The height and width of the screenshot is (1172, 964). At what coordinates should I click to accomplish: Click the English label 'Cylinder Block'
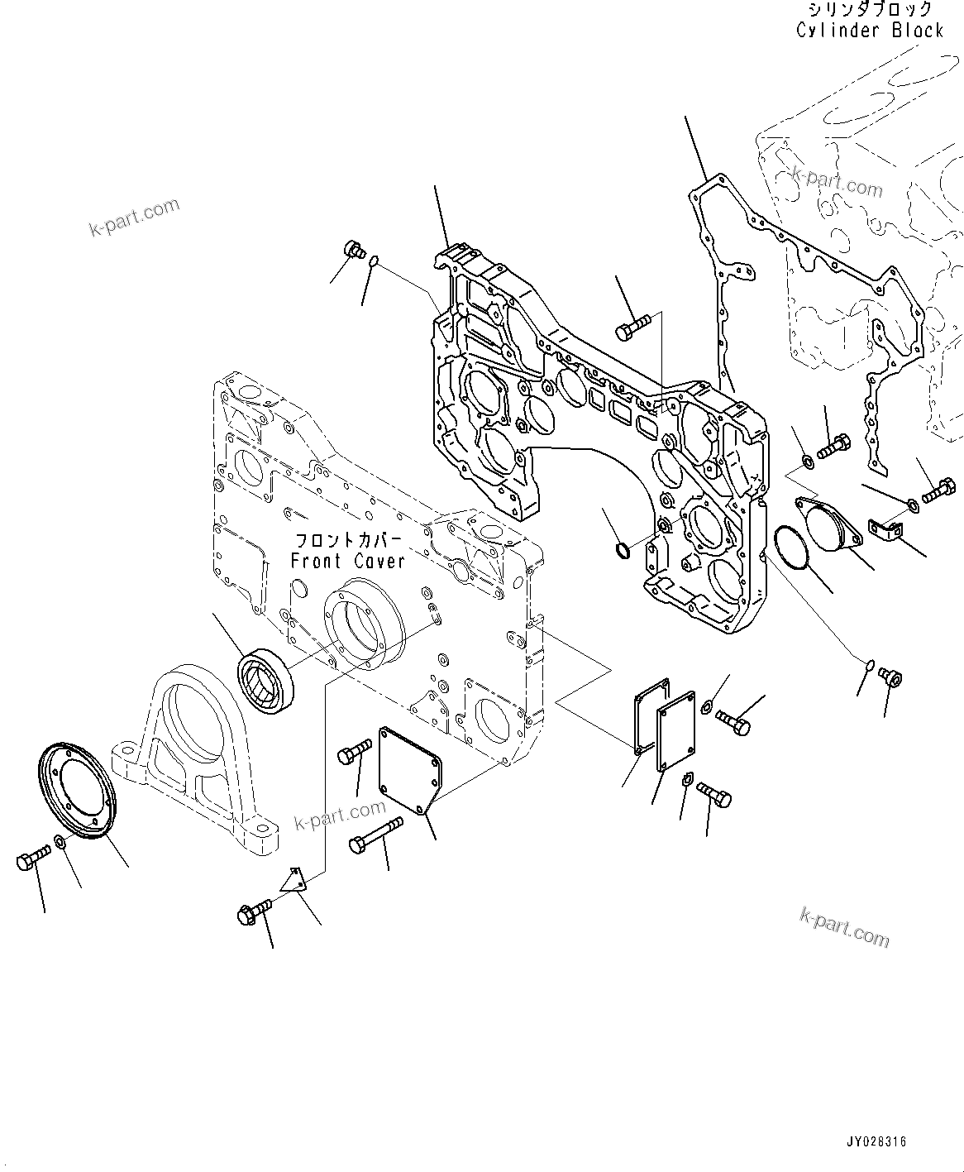pyautogui.click(x=869, y=31)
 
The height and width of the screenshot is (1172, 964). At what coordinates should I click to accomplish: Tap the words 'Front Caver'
pyautogui.click(x=347, y=561)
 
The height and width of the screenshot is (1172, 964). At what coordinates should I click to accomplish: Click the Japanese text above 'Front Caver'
pyautogui.click(x=348, y=541)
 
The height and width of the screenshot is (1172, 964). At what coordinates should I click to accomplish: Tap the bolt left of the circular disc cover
pyautogui.click(x=28, y=862)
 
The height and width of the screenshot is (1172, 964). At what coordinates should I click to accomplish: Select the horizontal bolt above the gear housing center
pyautogui.click(x=633, y=328)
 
